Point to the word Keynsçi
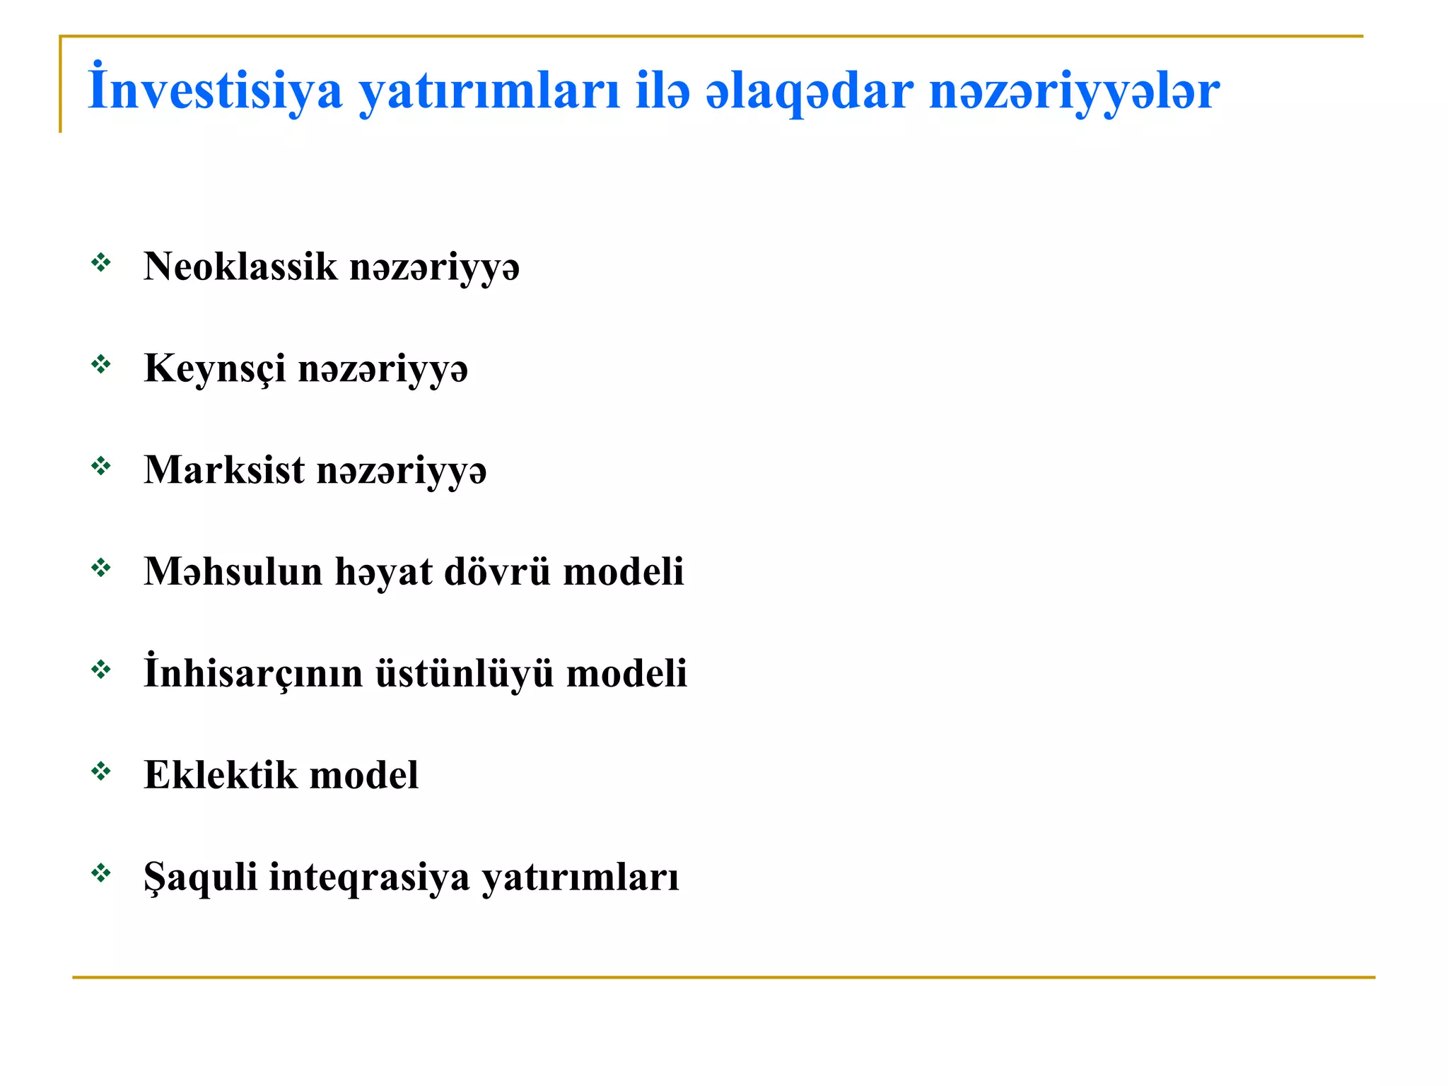[215, 368]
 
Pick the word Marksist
[224, 470]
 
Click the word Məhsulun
[233, 571]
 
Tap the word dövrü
[496, 571]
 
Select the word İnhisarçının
[253, 673]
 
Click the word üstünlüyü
[464, 673]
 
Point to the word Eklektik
[221, 775]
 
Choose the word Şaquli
[200, 877]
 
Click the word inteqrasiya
[369, 877]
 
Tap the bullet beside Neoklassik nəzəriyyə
[101, 263]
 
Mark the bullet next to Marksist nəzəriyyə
[101, 466]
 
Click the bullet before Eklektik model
[101, 771]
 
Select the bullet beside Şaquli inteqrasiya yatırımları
[101, 873]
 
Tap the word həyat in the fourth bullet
[383, 571]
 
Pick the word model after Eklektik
[364, 775]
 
